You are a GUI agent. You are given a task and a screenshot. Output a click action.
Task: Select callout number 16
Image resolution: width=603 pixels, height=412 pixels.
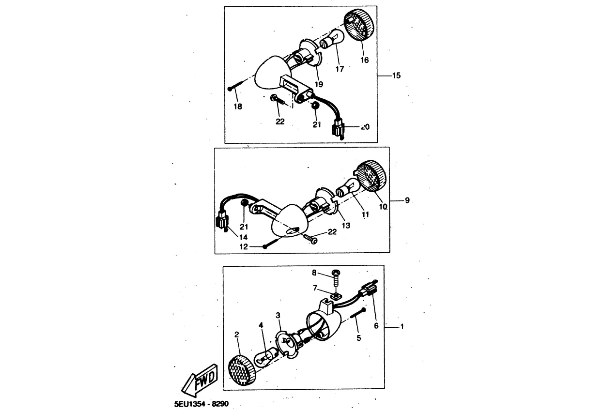click(365, 60)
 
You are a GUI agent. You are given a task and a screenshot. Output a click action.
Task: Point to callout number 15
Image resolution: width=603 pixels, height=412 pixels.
click(396, 76)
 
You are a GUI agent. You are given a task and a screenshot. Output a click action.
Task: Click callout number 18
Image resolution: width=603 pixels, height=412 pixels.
click(238, 106)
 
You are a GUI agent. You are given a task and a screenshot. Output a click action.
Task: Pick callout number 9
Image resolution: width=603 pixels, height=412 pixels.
click(407, 200)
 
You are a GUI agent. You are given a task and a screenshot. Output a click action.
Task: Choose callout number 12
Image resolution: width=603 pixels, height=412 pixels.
click(244, 246)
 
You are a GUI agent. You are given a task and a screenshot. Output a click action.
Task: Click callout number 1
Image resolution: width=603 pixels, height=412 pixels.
click(402, 327)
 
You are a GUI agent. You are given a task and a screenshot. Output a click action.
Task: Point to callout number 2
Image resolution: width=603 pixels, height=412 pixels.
click(237, 335)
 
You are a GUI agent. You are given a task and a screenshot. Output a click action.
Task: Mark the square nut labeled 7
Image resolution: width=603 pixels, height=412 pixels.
click(335, 294)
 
